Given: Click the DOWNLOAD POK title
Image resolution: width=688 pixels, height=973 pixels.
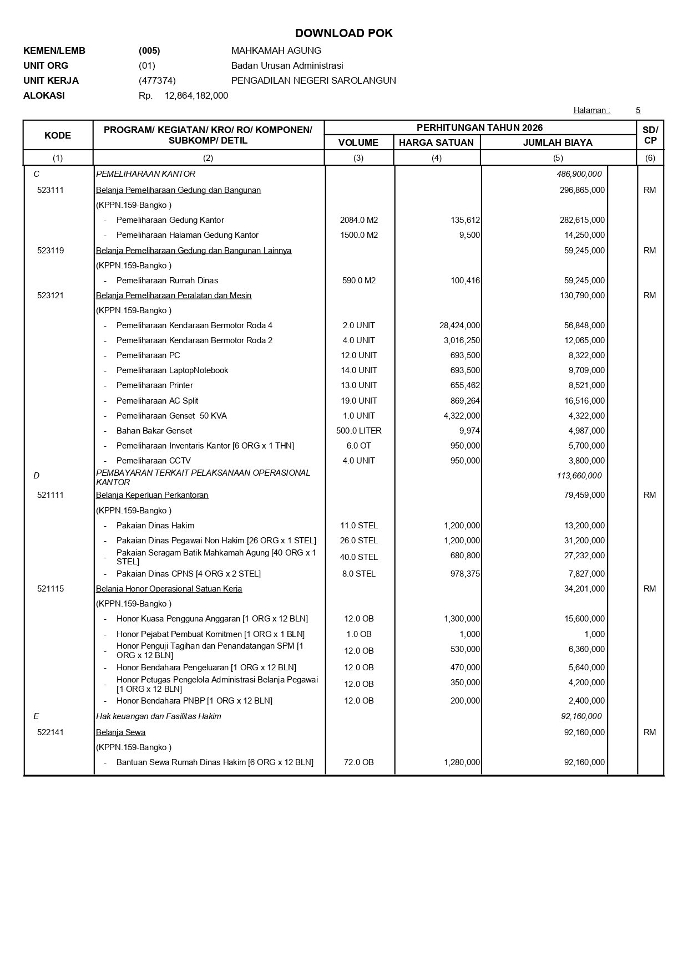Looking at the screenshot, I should (343, 33).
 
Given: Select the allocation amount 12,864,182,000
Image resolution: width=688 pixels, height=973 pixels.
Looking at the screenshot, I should (196, 95).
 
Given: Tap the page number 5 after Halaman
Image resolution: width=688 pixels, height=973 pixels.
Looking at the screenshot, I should (638, 110).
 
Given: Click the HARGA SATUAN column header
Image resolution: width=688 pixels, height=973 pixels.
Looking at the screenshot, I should (436, 142).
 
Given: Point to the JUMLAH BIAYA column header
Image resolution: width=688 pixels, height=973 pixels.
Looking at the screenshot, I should (558, 142).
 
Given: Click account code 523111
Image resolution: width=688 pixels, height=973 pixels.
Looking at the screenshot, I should (50, 190).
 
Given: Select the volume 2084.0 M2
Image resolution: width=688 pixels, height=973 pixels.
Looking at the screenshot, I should (359, 220).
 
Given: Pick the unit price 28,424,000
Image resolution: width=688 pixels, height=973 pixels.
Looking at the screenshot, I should (459, 325).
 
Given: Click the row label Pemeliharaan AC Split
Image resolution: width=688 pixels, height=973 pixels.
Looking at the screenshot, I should (157, 401).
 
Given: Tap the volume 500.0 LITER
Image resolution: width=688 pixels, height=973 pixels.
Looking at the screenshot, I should (359, 431).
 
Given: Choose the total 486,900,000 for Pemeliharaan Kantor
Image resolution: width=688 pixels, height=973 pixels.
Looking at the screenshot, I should (579, 174).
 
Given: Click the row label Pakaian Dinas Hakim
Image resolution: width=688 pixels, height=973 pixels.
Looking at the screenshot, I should (155, 526).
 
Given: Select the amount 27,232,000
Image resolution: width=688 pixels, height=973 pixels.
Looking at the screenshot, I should (584, 556).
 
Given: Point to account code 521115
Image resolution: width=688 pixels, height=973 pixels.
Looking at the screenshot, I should (50, 589).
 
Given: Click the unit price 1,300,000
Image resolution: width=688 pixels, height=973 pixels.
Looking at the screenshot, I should (462, 619).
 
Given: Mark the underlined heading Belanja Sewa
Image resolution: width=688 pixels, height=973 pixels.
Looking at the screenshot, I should (120, 732).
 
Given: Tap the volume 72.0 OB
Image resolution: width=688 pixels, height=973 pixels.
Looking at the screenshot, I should (359, 762).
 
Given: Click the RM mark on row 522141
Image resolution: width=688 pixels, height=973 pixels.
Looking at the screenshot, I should (650, 732).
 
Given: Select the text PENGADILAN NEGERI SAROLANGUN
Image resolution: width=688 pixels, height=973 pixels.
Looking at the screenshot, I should (313, 80).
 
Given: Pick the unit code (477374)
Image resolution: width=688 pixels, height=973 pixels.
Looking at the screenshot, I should (157, 80).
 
